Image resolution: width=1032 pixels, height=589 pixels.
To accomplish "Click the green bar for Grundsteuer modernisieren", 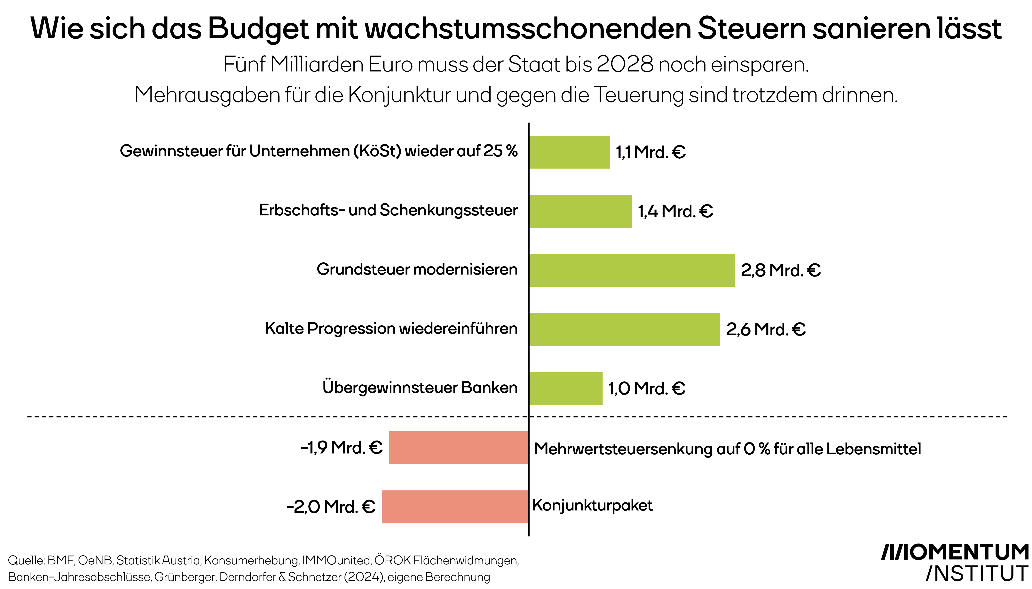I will point(632,270).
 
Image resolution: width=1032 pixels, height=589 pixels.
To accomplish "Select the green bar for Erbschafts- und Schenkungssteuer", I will point(580,211).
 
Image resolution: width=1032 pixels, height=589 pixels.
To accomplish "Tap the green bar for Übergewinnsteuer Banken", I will point(566,388).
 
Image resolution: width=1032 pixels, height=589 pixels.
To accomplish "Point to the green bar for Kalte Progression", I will point(624,329).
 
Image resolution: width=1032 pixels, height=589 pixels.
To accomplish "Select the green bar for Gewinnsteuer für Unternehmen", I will point(569,152).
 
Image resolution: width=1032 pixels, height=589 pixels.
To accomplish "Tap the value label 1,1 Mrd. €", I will point(650,152).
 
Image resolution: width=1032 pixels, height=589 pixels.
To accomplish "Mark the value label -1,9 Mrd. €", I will point(341,447).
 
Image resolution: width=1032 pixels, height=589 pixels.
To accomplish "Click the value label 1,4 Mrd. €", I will point(675,211).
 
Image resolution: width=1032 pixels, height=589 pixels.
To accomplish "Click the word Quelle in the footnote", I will point(26,561).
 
